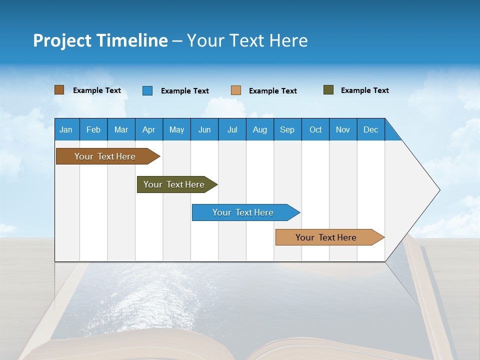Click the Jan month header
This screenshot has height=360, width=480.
pyautogui.click(x=66, y=130)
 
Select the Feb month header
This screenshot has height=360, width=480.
pyautogui.click(x=93, y=130)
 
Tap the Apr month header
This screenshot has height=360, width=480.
pyautogui.click(x=148, y=130)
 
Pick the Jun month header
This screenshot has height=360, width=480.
pyautogui.click(x=204, y=130)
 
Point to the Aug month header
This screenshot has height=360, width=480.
pyautogui.click(x=259, y=130)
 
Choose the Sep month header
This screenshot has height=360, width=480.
pyautogui.click(x=287, y=130)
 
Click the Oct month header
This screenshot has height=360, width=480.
pyautogui.click(x=315, y=130)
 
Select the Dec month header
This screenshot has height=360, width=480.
pyautogui.click(x=370, y=130)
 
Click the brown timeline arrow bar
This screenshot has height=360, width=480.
pyautogui.click(x=105, y=156)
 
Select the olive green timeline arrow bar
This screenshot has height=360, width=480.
pyautogui.click(x=174, y=184)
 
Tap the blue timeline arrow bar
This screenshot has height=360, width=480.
pyautogui.click(x=243, y=212)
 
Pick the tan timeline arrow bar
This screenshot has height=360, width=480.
pyautogui.click(x=326, y=237)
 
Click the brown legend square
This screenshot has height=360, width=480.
pyautogui.click(x=59, y=90)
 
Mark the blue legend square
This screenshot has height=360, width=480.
pyautogui.click(x=147, y=90)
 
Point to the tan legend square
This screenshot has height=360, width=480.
pyautogui.click(x=236, y=90)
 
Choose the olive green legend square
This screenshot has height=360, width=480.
pyautogui.click(x=328, y=90)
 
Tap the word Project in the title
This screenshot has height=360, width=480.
pyautogui.click(x=61, y=40)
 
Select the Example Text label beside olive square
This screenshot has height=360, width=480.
pyautogui.click(x=364, y=90)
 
